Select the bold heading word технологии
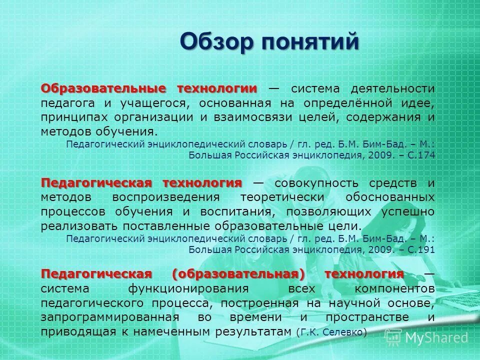tap(216, 88)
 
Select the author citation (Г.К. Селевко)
tap(331, 332)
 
